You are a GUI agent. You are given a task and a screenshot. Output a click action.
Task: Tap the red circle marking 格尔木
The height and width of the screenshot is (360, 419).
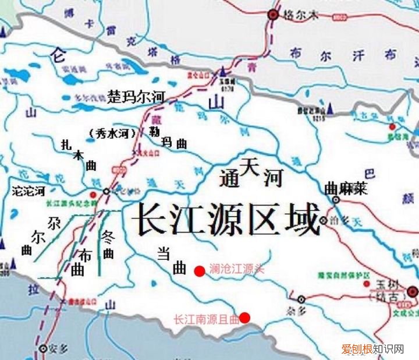pyautogui.click(x=272, y=15)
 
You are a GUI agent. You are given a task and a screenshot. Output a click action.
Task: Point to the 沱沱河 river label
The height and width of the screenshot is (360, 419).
pyautogui.click(x=28, y=190)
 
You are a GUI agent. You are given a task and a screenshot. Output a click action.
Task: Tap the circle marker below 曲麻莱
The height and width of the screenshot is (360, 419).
pyautogui.click(x=336, y=199)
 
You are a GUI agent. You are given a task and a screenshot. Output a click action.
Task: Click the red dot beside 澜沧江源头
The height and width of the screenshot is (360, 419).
pyautogui.click(x=199, y=270)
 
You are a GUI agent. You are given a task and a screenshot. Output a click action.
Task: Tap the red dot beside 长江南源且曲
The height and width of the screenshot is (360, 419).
pyautogui.click(x=245, y=317)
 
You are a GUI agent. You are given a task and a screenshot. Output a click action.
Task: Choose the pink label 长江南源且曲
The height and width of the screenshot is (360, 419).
pyautogui.click(x=207, y=319)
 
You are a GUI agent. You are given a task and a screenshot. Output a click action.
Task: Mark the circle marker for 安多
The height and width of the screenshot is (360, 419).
pyautogui.click(x=42, y=349)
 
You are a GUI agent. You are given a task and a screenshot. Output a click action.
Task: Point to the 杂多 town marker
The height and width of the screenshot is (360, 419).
pyautogui.click(x=301, y=299)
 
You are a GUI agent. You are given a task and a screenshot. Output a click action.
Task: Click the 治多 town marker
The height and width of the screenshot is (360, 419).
pyautogui.click(x=324, y=220)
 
